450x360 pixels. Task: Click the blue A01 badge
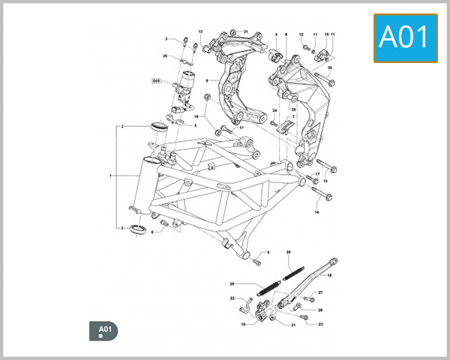[406, 37]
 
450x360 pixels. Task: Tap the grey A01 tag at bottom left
[103, 330]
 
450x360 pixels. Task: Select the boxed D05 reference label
[157, 80]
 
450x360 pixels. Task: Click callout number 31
[244, 31]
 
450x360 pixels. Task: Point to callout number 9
[206, 79]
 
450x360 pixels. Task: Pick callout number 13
[200, 31]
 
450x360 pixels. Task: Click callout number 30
[329, 67]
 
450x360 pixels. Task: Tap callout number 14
[316, 212]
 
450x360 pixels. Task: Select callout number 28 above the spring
[288, 253]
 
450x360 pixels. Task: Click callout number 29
[232, 283]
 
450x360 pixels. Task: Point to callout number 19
[328, 276]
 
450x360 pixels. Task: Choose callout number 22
[232, 298]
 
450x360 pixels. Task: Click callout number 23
[320, 324]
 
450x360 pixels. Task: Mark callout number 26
[165, 55]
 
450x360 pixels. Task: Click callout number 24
[275, 109]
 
